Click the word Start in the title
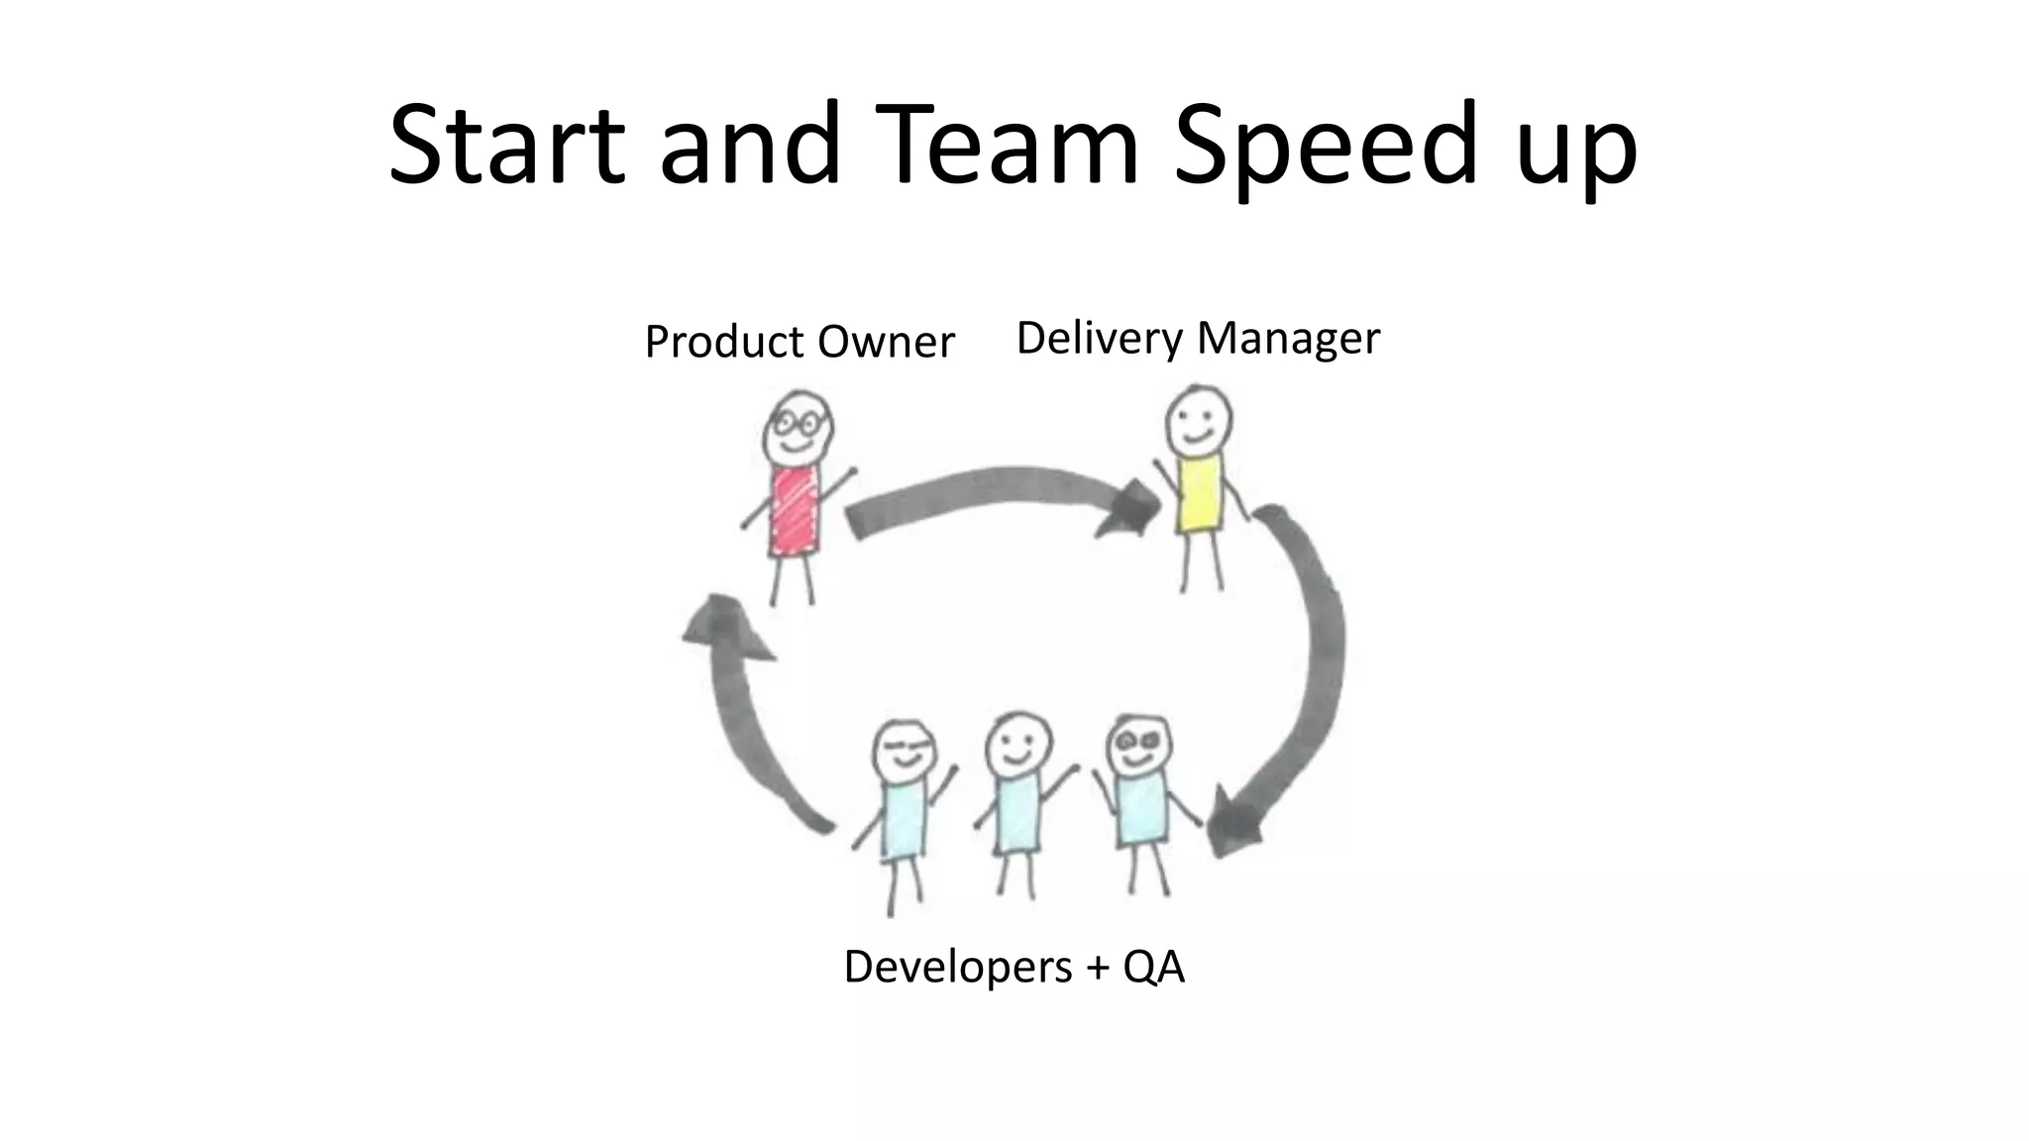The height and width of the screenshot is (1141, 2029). tap(506, 145)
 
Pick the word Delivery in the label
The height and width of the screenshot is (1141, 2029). tap(1100, 339)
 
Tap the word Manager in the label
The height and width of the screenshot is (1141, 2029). tap(1288, 339)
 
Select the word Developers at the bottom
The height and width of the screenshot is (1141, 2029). tap(957, 966)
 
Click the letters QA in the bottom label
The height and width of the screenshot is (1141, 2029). tap(1153, 966)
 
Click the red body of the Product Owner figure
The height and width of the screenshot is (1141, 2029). tap(796, 512)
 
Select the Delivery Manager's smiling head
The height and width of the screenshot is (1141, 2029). tap(1199, 420)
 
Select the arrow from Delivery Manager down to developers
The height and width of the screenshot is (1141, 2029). tap(1308, 674)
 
